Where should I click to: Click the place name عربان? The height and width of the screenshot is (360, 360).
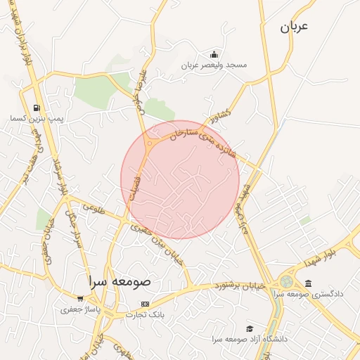point(295,27)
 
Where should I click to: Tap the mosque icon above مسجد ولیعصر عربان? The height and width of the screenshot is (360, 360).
point(214,55)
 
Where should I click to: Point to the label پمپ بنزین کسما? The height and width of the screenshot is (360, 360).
point(37,119)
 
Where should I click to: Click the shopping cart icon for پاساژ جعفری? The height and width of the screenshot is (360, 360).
point(80,299)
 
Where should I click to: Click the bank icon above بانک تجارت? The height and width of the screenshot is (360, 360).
point(146,304)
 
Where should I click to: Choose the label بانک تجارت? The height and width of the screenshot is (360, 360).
point(146,314)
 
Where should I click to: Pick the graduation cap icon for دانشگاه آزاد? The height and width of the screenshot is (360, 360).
point(249,328)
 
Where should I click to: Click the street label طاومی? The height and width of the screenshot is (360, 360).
point(93,208)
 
